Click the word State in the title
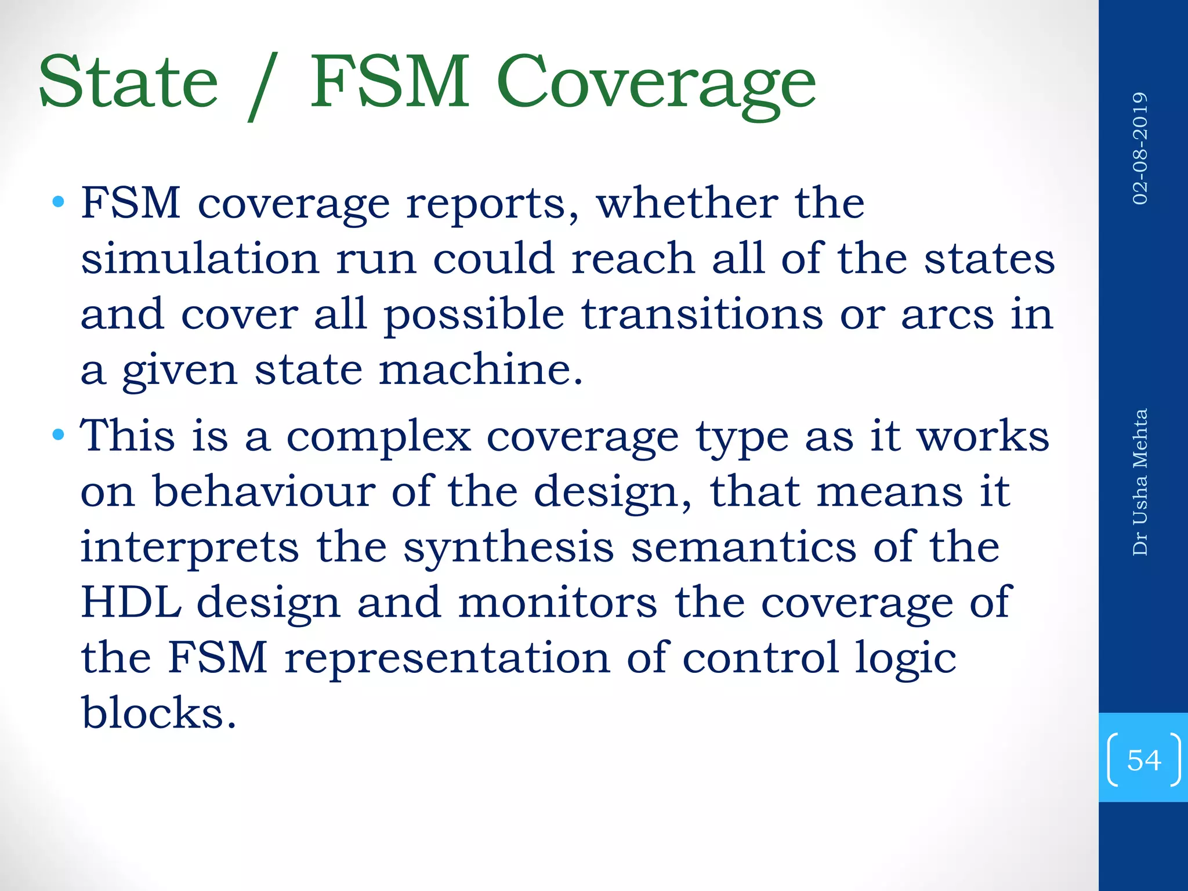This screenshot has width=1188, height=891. [x=128, y=82]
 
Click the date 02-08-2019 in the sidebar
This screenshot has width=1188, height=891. [x=1140, y=148]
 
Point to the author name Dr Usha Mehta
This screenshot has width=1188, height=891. [x=1140, y=482]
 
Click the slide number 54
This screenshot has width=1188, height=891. [x=1144, y=760]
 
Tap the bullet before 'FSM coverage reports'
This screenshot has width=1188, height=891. [x=57, y=202]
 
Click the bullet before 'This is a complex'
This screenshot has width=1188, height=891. [x=57, y=434]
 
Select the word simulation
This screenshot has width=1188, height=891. [x=200, y=259]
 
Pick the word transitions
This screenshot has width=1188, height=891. [x=702, y=314]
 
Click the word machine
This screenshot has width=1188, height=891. [x=480, y=370]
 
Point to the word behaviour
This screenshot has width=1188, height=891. [x=264, y=492]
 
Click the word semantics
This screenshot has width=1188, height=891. [x=743, y=548]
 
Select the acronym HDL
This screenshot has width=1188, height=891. [x=131, y=602]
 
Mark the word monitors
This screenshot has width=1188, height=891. [x=557, y=603]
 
